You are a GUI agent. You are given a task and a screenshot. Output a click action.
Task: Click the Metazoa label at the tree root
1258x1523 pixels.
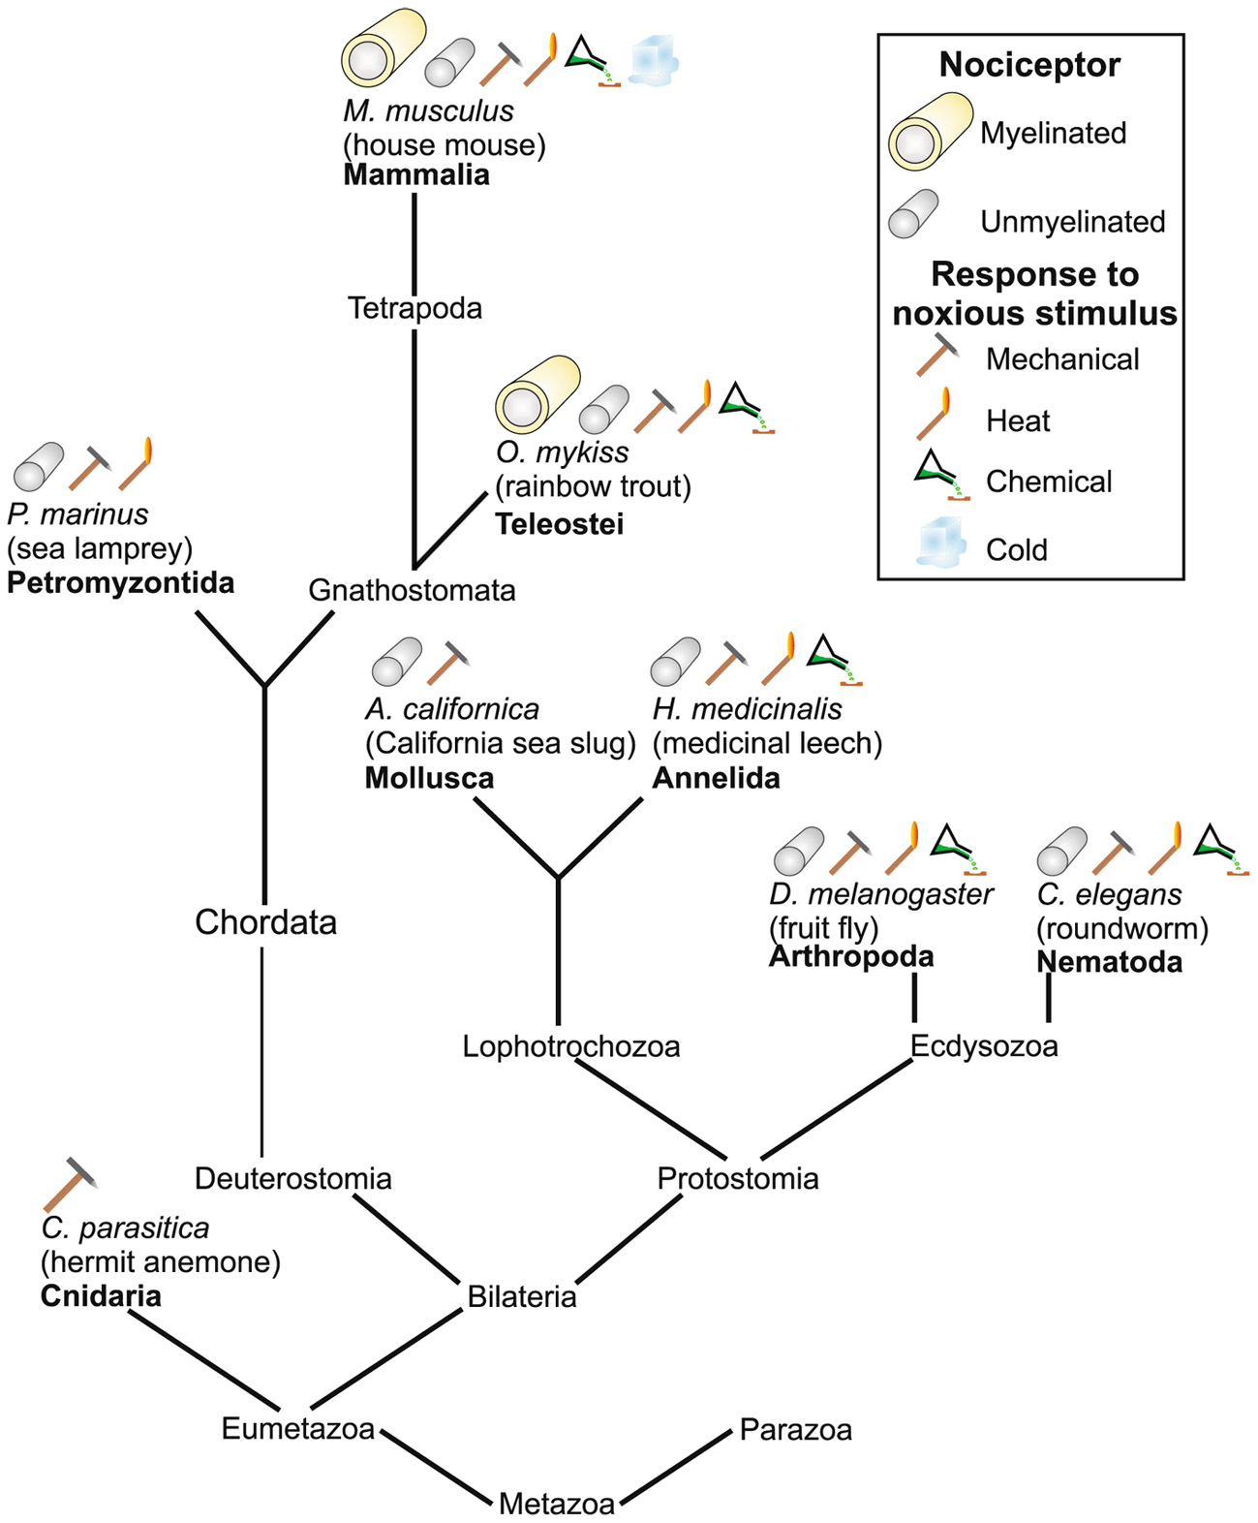coord(556,1504)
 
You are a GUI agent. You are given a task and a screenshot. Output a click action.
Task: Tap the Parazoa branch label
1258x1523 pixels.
coord(795,1430)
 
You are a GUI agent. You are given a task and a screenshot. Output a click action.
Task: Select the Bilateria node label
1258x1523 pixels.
coord(521,1296)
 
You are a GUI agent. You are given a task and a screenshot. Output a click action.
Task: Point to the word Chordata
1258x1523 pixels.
coord(265,921)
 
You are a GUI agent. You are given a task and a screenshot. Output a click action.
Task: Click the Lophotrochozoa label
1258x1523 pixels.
coord(570,1046)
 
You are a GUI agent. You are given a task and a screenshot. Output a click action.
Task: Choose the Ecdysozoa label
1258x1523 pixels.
coord(983,1046)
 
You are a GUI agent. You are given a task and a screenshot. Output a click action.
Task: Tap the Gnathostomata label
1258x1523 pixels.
coord(412,590)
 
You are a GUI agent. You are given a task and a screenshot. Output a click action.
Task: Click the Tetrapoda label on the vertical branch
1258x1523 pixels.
coord(414,308)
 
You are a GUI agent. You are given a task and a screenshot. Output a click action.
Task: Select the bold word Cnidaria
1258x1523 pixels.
coord(101,1296)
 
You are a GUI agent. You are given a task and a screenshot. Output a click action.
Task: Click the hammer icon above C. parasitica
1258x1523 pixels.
coord(71,1183)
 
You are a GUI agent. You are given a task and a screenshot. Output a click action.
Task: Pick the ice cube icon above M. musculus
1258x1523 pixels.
coord(653,60)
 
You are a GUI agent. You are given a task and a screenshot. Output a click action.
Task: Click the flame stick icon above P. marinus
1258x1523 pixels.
coord(137,464)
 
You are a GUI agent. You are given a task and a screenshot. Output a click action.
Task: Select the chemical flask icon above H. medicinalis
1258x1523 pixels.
coord(834,660)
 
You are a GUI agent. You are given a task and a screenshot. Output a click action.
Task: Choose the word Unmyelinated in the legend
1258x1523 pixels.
coord(1072,222)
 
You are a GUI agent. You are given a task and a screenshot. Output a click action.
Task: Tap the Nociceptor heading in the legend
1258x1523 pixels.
coord(1029,65)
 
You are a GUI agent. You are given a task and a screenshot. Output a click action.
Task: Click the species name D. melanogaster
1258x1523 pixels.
coord(880,894)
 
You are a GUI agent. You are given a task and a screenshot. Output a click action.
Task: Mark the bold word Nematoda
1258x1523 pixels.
coord(1109,962)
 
